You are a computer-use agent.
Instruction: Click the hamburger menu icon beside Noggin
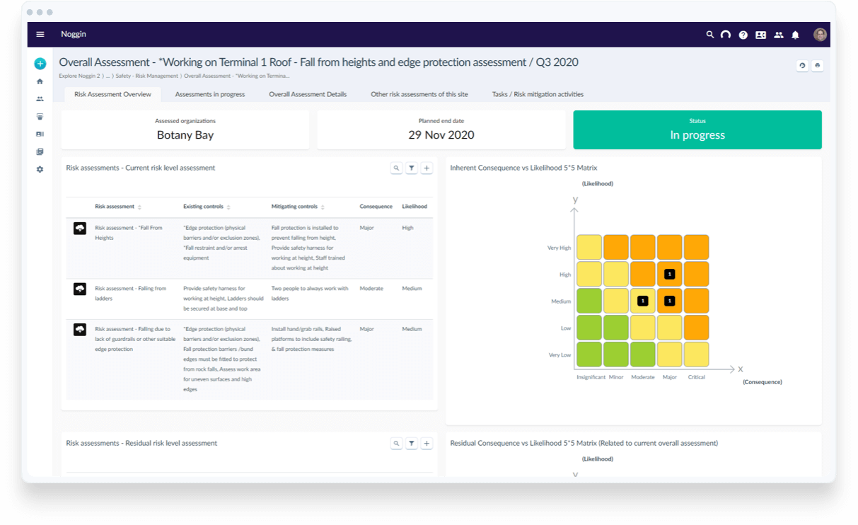[x=40, y=34]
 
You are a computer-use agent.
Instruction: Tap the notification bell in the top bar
[x=795, y=35]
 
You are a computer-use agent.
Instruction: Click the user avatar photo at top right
[x=820, y=35]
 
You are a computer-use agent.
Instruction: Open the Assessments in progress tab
[x=210, y=94]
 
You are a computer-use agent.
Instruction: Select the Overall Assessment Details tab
[x=308, y=94]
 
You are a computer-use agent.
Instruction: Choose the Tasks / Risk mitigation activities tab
[x=538, y=94]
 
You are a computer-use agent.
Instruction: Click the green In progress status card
[x=697, y=129]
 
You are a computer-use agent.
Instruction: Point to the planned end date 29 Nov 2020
[x=441, y=135]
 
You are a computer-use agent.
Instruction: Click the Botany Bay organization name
[x=185, y=135]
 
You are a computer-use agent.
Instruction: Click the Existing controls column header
[x=203, y=207]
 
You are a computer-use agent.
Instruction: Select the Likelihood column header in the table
[x=414, y=207]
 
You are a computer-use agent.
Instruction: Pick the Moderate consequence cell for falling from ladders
[x=371, y=289]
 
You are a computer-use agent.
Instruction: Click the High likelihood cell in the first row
[x=407, y=228]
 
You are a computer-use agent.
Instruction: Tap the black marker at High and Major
[x=669, y=274]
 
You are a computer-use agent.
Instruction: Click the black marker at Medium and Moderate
[x=642, y=301]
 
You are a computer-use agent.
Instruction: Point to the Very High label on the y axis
[x=559, y=248]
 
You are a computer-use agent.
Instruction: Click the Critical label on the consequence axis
[x=696, y=377]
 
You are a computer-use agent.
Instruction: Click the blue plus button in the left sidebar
[x=40, y=64]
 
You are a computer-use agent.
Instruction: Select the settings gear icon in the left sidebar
[x=40, y=169]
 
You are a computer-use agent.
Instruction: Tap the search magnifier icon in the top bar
[x=709, y=35]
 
